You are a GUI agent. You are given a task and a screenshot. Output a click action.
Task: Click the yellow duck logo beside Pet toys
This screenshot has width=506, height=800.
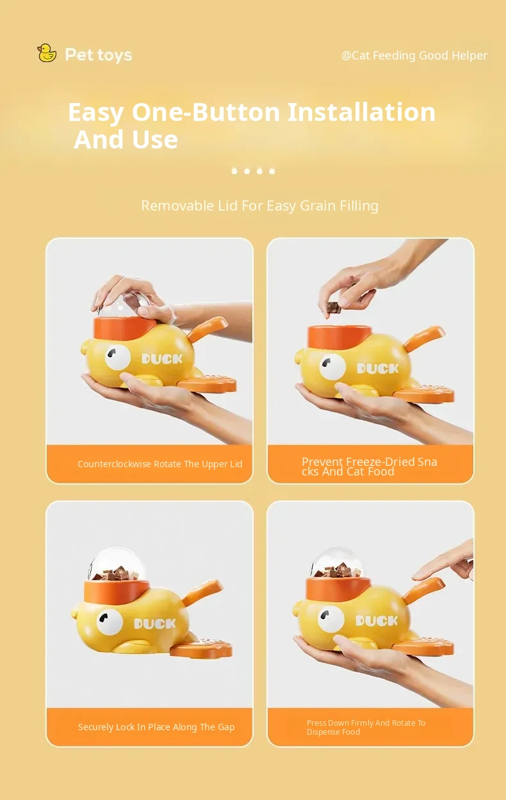click(x=47, y=53)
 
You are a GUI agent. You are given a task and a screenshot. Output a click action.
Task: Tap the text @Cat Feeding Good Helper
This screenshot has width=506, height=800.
click(x=414, y=56)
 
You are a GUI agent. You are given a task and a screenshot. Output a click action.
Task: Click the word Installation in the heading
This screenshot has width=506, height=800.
click(x=361, y=112)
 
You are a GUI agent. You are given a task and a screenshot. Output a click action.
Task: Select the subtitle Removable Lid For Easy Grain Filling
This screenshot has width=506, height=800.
click(x=260, y=205)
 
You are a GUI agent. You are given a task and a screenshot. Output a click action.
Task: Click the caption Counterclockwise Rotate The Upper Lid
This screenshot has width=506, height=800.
click(x=159, y=464)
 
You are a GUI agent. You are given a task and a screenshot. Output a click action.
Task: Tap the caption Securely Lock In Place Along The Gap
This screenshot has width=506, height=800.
click(x=156, y=727)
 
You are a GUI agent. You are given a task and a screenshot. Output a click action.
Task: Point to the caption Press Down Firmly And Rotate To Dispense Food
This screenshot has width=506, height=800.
click(x=366, y=727)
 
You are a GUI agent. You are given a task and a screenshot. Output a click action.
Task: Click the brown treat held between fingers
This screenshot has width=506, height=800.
click(x=333, y=307)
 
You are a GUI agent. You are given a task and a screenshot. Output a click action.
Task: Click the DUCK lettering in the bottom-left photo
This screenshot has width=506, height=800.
click(x=155, y=623)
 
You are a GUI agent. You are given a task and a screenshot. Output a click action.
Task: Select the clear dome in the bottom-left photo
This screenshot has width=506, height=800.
click(x=117, y=564)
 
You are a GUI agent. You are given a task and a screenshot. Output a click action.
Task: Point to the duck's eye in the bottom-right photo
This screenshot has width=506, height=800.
click(x=332, y=619)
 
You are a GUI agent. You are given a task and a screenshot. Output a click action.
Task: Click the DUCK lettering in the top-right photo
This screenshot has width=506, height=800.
click(x=378, y=368)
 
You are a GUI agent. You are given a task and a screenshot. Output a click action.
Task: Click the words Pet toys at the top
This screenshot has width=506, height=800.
click(x=99, y=55)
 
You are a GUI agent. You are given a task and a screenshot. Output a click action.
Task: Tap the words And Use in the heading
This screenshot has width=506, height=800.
click(x=126, y=140)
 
